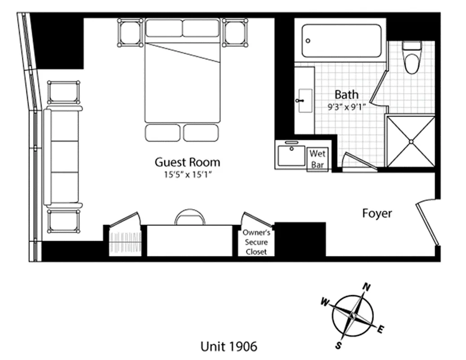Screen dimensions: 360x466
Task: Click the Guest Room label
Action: click(187, 162)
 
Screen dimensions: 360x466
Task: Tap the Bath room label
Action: click(347, 94)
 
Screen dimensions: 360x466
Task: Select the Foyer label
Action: click(377, 213)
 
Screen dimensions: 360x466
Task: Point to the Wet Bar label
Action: click(318, 159)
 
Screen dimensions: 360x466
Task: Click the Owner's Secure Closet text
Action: click(256, 242)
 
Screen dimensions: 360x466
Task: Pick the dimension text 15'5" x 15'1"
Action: click(188, 174)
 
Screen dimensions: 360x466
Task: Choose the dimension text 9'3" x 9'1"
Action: click(346, 107)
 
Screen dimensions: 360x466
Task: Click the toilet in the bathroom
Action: click(412, 58)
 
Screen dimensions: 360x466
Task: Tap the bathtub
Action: click(342, 40)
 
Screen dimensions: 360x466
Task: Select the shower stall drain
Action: click(411, 141)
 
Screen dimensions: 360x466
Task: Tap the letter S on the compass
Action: click(338, 345)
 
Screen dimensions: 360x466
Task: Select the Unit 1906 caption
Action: click(229, 346)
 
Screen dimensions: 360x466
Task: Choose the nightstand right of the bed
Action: click(235, 32)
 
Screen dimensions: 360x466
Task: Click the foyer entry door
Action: click(427, 223)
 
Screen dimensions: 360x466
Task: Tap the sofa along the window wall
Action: click(63, 157)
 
